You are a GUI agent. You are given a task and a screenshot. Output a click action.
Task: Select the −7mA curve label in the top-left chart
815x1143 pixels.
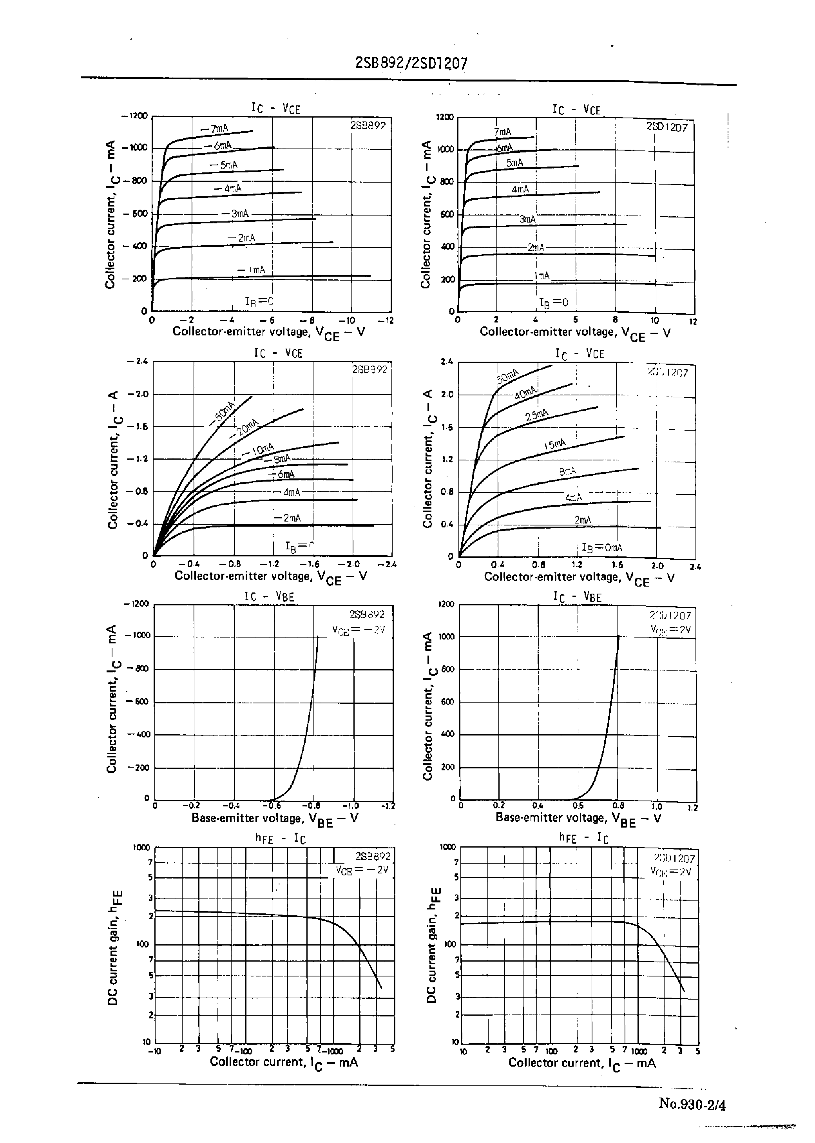pos(214,129)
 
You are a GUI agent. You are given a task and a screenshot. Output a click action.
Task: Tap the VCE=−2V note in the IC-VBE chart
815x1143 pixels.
pos(358,630)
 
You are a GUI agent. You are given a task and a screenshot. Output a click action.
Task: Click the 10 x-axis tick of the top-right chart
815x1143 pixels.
pos(655,321)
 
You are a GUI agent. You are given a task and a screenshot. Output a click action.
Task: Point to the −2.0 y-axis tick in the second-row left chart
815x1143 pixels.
pos(138,394)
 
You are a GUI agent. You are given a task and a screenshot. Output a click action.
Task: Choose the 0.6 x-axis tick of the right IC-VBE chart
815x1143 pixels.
pos(578,806)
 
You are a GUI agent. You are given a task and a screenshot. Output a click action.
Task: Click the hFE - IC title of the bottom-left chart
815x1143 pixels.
pos(277,839)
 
